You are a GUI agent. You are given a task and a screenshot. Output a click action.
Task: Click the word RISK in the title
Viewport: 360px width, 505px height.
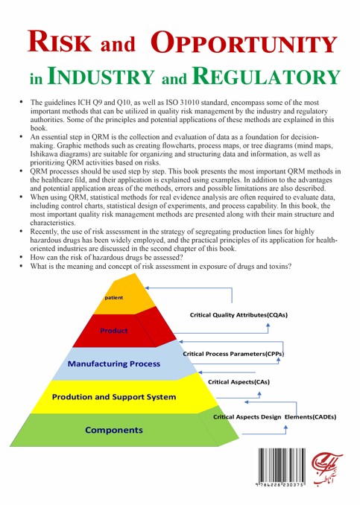60,42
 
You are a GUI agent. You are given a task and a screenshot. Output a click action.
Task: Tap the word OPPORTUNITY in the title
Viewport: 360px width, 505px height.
244,42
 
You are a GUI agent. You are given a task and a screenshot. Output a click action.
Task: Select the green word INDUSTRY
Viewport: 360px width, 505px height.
101,76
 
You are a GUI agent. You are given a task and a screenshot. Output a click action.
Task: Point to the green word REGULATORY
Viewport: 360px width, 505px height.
266,76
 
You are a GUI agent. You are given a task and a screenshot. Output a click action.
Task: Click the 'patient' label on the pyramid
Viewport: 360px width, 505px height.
114,298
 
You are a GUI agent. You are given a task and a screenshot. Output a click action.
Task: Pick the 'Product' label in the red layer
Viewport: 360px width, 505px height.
114,331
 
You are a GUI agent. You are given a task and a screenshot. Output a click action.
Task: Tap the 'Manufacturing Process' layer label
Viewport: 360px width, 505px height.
114,363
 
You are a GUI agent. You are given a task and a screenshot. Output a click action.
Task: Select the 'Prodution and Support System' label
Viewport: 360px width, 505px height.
114,397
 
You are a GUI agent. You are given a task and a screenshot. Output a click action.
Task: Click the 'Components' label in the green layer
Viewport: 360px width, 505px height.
114,430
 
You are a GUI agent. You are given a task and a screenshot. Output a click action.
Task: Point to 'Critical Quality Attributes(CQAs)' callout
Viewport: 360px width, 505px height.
239,315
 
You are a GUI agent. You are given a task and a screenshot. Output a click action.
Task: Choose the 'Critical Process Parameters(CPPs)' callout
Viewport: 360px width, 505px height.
233,354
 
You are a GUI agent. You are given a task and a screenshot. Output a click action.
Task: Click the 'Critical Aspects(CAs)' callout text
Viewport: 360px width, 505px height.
239,382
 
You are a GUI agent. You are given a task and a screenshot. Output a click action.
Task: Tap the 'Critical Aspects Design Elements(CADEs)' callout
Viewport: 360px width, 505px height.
274,417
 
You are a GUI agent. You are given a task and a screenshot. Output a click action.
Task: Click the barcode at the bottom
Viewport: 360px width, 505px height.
281,467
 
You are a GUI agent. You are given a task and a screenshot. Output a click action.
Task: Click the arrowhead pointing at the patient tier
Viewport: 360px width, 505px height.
147,288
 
